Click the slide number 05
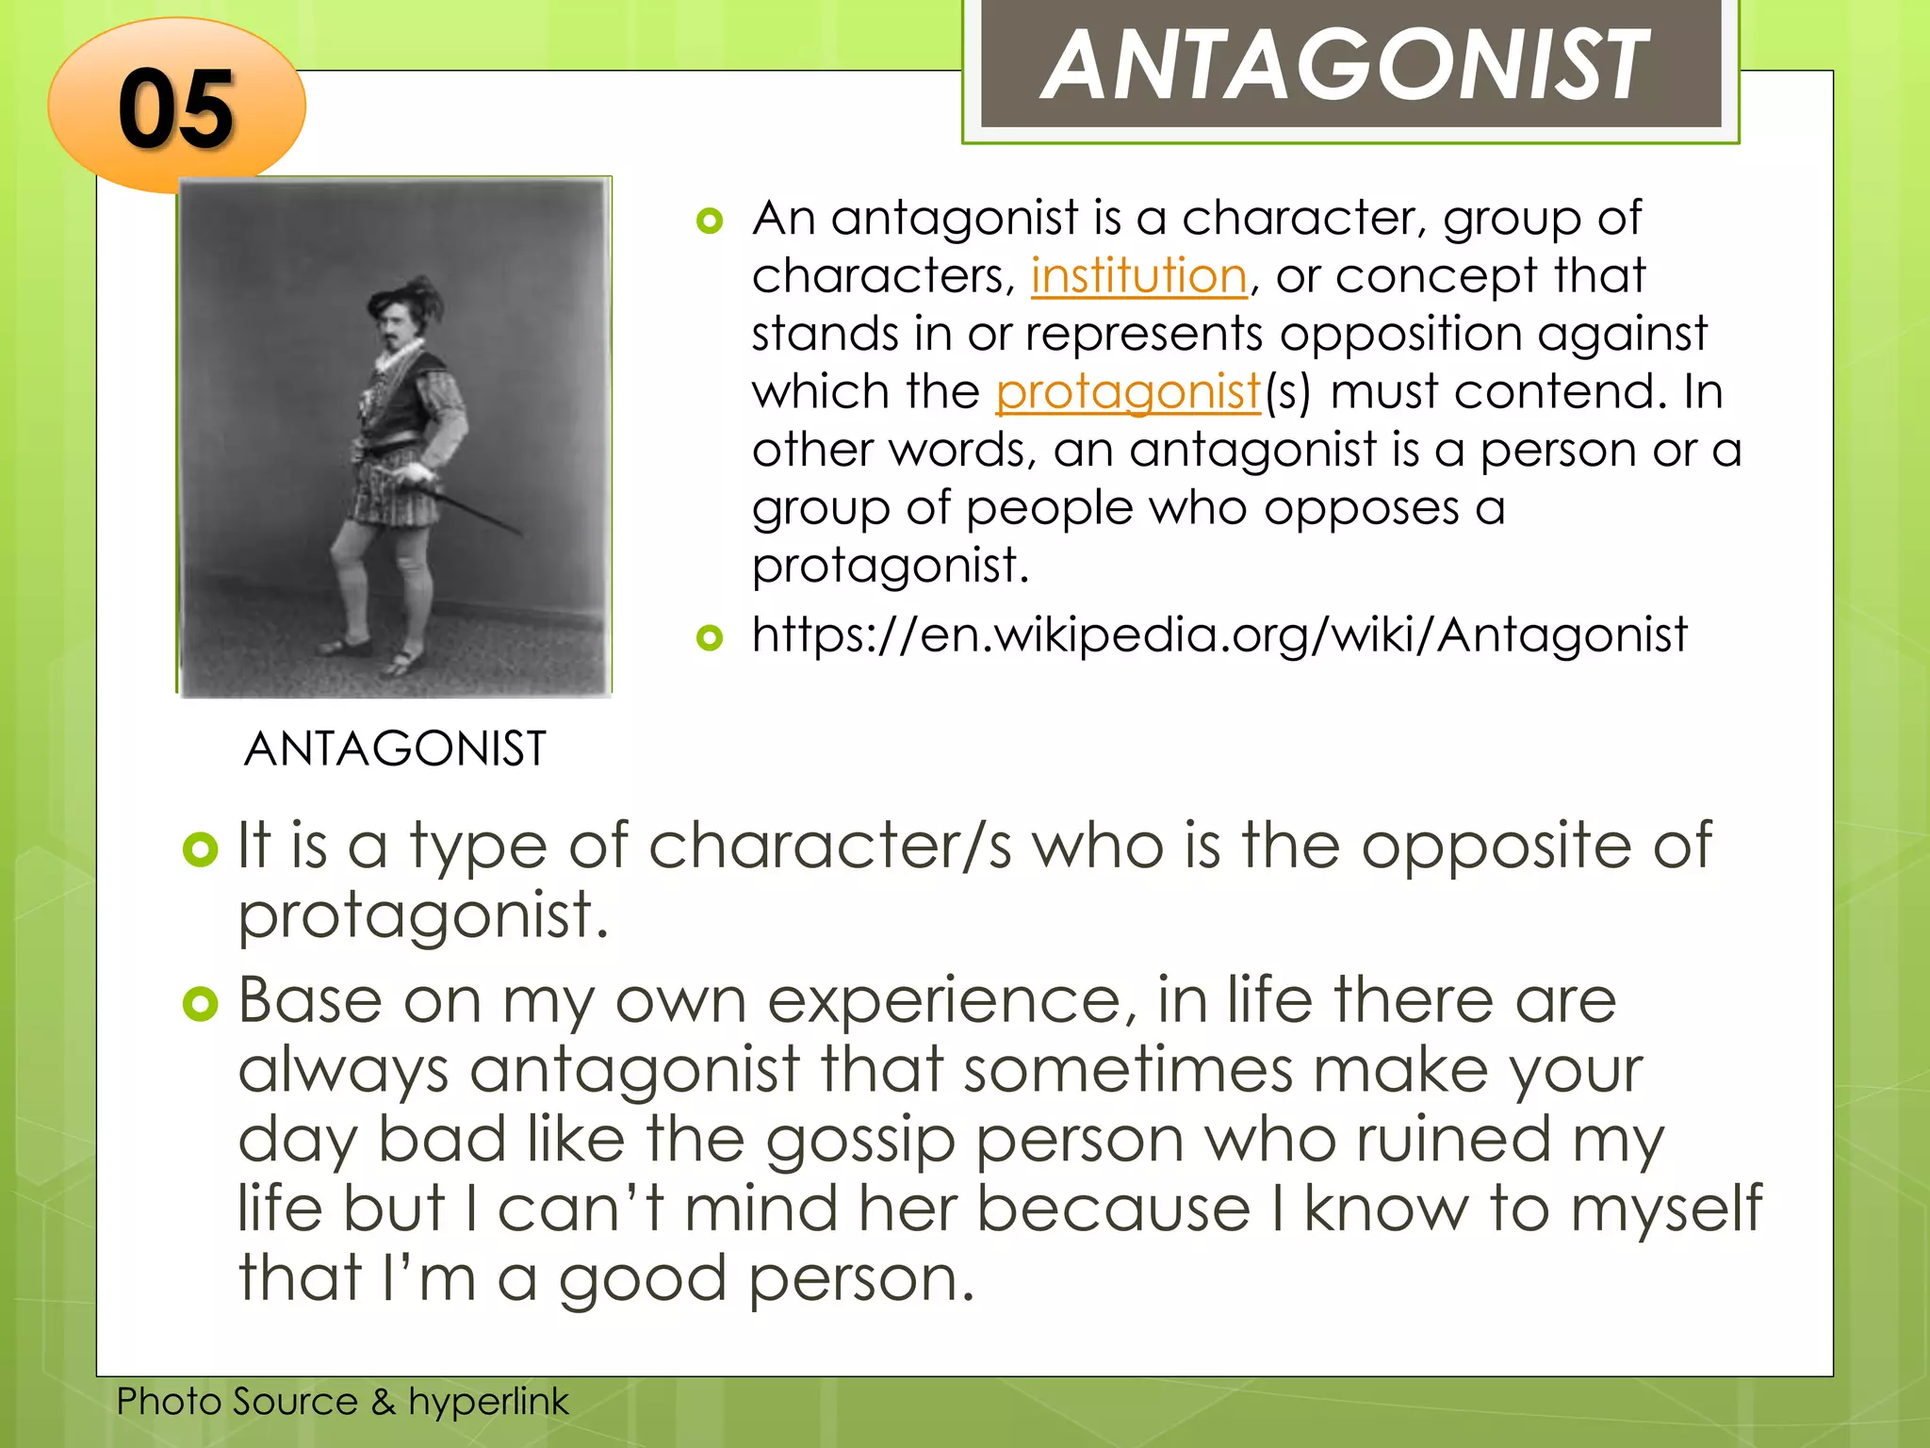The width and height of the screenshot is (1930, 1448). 176,109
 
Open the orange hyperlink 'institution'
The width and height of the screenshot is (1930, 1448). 1138,275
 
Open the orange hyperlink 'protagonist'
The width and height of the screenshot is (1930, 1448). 1128,391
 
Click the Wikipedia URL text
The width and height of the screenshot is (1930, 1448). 1219,633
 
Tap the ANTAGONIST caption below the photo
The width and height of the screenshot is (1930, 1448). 395,749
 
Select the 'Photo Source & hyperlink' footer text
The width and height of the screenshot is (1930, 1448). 342,1401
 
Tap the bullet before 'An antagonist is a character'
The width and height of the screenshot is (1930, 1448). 709,222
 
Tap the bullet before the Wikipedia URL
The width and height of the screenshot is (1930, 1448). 709,638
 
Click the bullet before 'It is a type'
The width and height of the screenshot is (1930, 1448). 200,849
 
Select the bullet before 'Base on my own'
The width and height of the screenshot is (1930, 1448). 200,1004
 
